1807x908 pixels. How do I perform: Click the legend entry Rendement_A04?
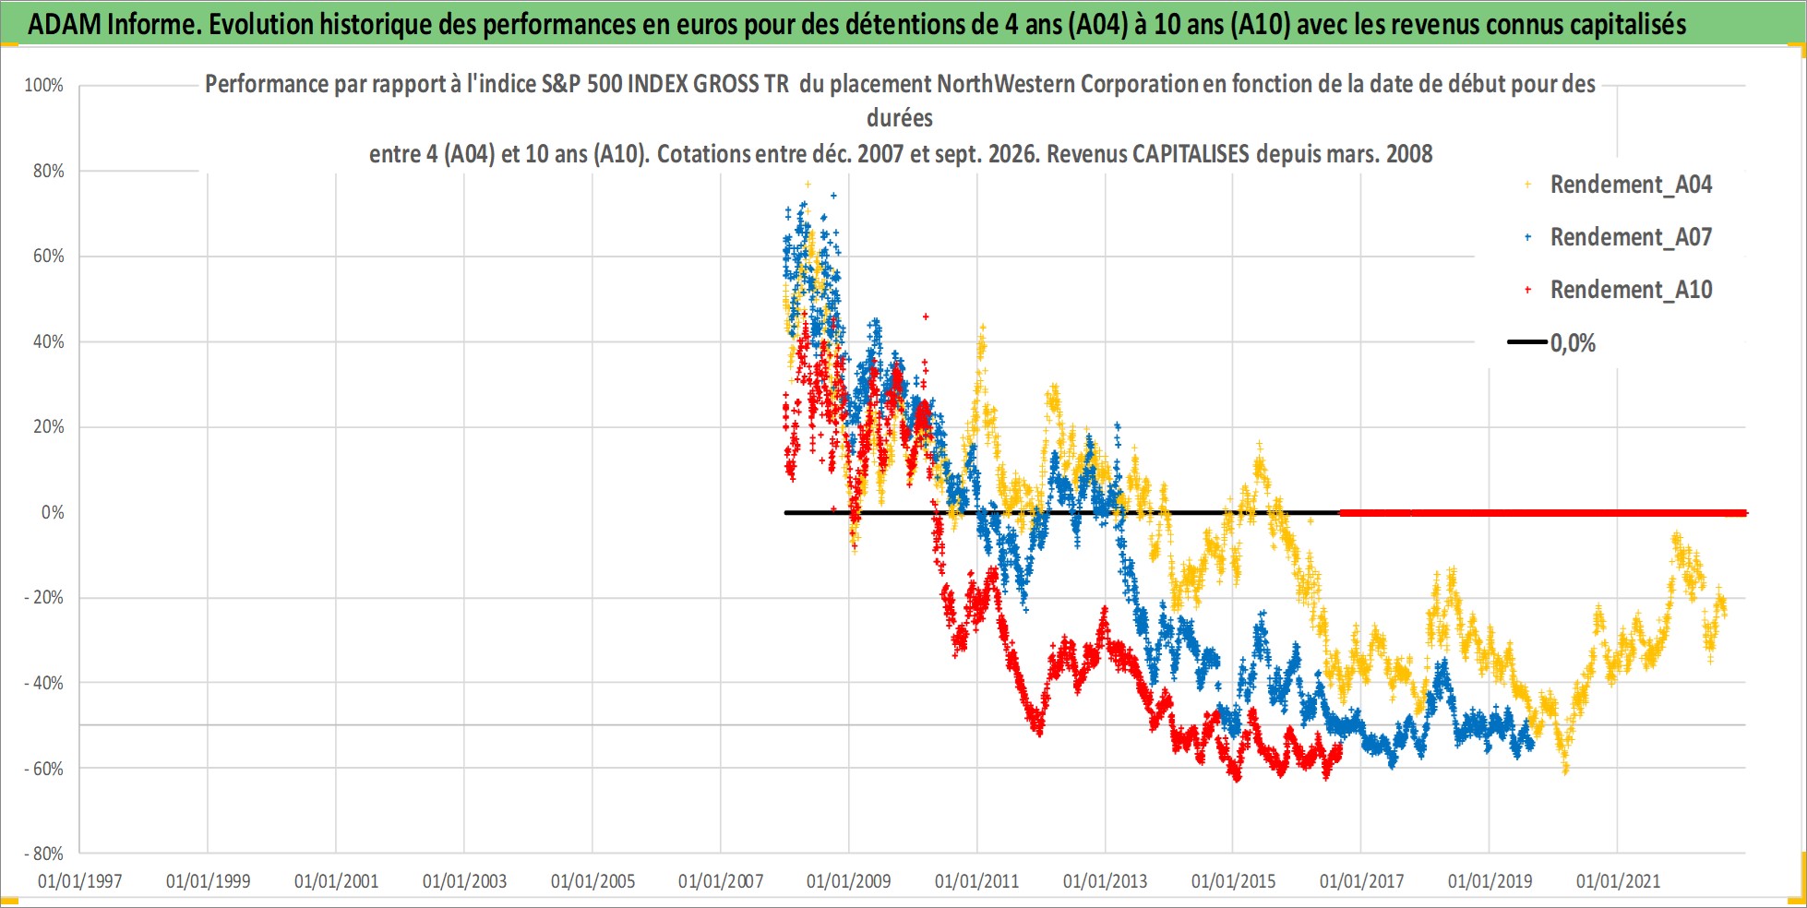[x=1631, y=185]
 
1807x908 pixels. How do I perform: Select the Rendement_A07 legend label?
[x=1631, y=237]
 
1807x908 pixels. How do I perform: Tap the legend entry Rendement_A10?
[x=1631, y=290]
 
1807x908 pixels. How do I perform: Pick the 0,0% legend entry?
[x=1573, y=343]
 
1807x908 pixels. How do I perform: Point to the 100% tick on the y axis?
[x=43, y=86]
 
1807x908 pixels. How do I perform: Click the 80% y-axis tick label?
[x=48, y=171]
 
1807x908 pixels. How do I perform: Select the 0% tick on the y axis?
[x=53, y=512]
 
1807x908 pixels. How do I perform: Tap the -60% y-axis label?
[x=44, y=769]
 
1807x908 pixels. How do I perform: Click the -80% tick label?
[x=44, y=854]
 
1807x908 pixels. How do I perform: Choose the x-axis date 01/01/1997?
[x=80, y=881]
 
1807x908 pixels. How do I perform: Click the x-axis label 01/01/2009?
[x=849, y=881]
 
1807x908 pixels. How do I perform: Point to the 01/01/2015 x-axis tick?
[x=1234, y=881]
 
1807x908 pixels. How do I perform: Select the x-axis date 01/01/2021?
[x=1618, y=881]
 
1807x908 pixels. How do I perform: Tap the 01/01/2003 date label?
[x=465, y=881]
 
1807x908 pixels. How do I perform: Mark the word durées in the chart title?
[x=900, y=118]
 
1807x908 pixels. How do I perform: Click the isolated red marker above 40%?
[x=926, y=317]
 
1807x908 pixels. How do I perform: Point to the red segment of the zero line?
[x=1543, y=513]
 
